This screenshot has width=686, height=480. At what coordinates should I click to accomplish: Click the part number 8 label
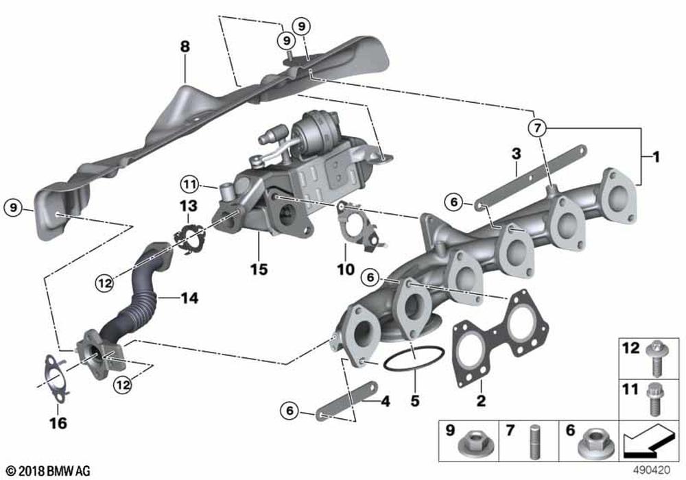point(184,47)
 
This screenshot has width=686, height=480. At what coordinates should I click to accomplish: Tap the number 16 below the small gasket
point(58,424)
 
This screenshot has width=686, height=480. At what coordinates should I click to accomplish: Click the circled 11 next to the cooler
point(189,183)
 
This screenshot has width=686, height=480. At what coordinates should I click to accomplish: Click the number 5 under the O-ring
point(414,399)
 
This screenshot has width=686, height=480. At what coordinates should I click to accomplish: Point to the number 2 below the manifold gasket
point(481,400)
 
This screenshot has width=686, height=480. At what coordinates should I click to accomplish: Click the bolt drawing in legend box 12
point(654,357)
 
